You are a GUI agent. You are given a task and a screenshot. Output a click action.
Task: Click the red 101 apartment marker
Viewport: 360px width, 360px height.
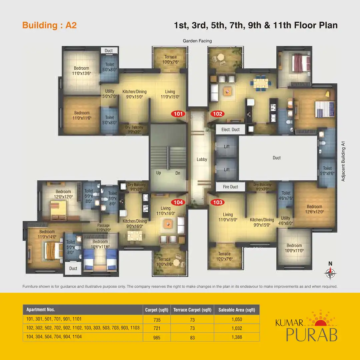tap(179, 114)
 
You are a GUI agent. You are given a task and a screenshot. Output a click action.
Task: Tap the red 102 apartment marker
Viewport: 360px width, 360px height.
tap(217, 114)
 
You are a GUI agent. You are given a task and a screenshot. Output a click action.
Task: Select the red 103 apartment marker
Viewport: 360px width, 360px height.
tap(217, 202)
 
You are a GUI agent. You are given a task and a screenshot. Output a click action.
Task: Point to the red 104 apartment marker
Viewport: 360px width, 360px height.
tap(178, 202)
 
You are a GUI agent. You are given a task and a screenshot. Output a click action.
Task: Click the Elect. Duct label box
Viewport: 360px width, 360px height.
tap(230, 129)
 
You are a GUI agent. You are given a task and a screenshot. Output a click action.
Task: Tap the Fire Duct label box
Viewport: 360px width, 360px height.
tap(230, 187)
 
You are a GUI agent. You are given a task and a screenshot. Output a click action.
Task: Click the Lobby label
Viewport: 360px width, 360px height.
tap(202, 159)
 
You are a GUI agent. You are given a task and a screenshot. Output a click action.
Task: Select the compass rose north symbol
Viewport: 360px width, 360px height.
tap(330, 273)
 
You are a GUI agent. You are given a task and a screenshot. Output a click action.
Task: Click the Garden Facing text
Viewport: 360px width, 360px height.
tap(197, 41)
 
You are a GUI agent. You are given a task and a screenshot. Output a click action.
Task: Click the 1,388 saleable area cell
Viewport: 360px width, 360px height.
tap(237, 337)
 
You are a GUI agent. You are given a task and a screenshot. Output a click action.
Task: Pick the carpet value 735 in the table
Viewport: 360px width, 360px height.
tap(157, 320)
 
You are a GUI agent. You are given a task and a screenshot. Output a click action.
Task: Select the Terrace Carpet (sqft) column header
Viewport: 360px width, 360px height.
tap(192, 310)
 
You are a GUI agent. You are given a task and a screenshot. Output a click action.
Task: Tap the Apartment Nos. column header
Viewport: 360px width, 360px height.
tap(41, 310)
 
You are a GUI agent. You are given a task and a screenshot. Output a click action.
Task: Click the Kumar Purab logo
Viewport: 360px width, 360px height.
tap(306, 328)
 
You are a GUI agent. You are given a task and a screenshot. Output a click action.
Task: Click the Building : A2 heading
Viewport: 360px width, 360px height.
tap(49, 25)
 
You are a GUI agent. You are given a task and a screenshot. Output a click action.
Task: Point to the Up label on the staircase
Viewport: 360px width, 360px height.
tap(159, 173)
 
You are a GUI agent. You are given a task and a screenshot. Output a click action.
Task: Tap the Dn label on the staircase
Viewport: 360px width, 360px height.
tap(178, 173)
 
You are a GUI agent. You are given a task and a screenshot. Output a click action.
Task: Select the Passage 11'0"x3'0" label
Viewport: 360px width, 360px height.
tap(103, 228)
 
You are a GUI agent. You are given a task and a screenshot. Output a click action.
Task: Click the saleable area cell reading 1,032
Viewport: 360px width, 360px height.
tap(237, 328)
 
